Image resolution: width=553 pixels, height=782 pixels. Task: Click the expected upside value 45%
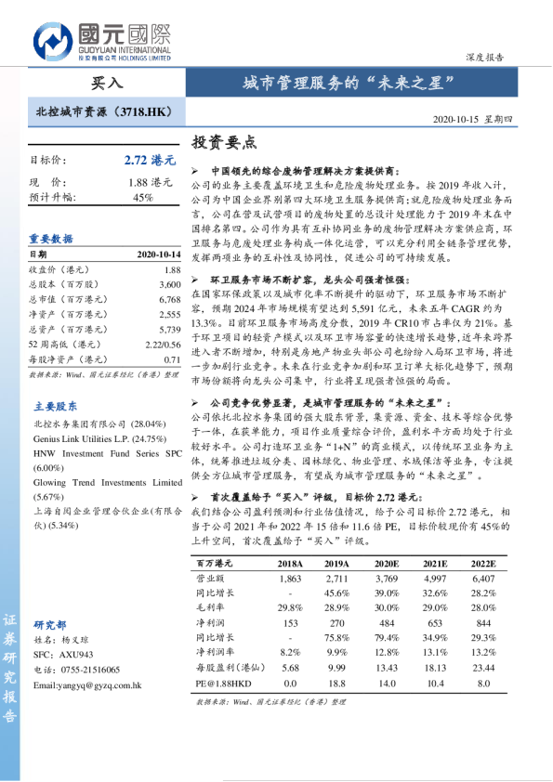143,197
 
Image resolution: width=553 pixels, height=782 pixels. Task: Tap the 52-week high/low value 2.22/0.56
162,344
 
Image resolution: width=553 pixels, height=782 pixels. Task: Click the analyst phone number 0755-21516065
91,670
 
